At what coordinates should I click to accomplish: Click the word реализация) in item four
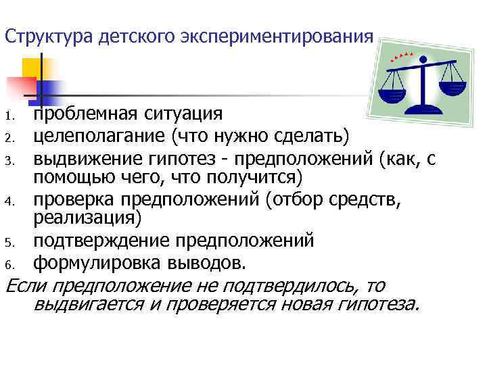88,217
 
